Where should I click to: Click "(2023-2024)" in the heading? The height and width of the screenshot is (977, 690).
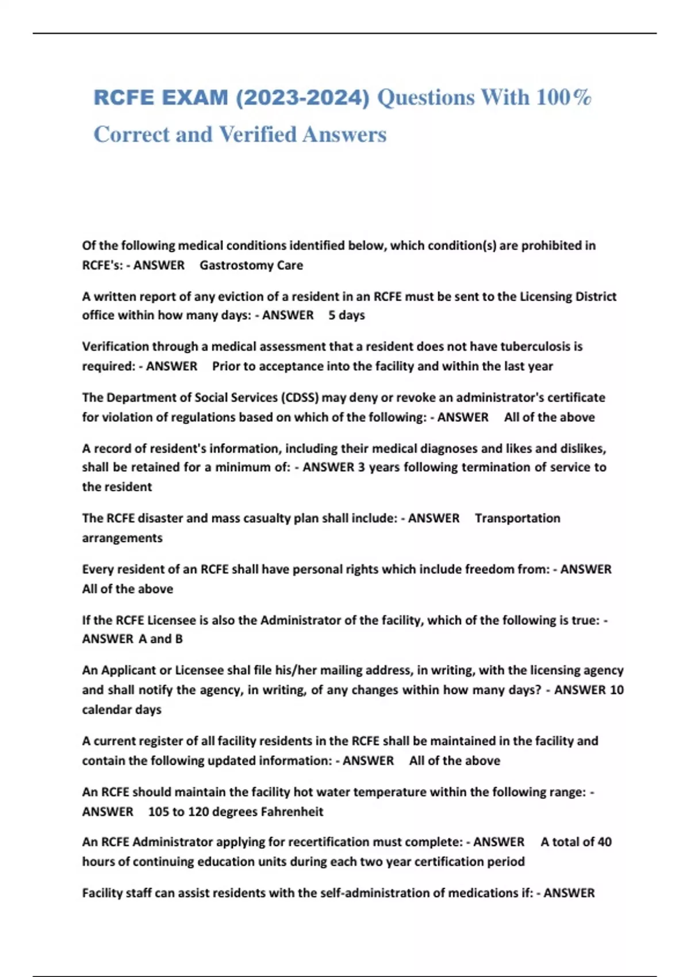(x=302, y=98)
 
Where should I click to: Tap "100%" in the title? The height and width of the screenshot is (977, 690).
(x=563, y=98)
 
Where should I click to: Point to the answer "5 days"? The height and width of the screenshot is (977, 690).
(x=347, y=316)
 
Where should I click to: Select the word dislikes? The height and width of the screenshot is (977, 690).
(x=581, y=448)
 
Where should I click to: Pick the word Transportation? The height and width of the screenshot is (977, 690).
(x=517, y=518)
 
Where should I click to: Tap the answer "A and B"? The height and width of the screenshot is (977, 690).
(x=160, y=639)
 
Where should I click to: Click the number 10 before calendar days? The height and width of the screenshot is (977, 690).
(x=616, y=690)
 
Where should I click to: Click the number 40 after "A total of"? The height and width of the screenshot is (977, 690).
(x=604, y=842)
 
